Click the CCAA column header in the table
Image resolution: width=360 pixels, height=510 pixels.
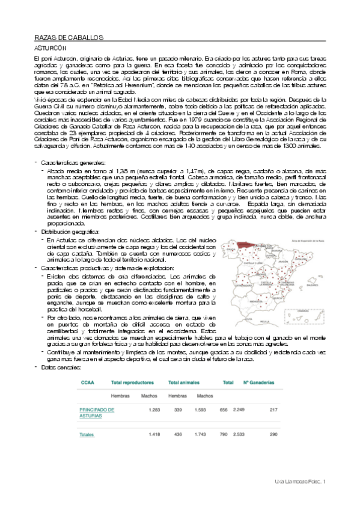87,382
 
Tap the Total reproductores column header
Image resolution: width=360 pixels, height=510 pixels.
133,382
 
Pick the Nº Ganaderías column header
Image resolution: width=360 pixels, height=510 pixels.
259,382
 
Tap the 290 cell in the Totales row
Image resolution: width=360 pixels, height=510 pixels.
273,434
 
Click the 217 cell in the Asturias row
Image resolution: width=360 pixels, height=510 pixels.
273,410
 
